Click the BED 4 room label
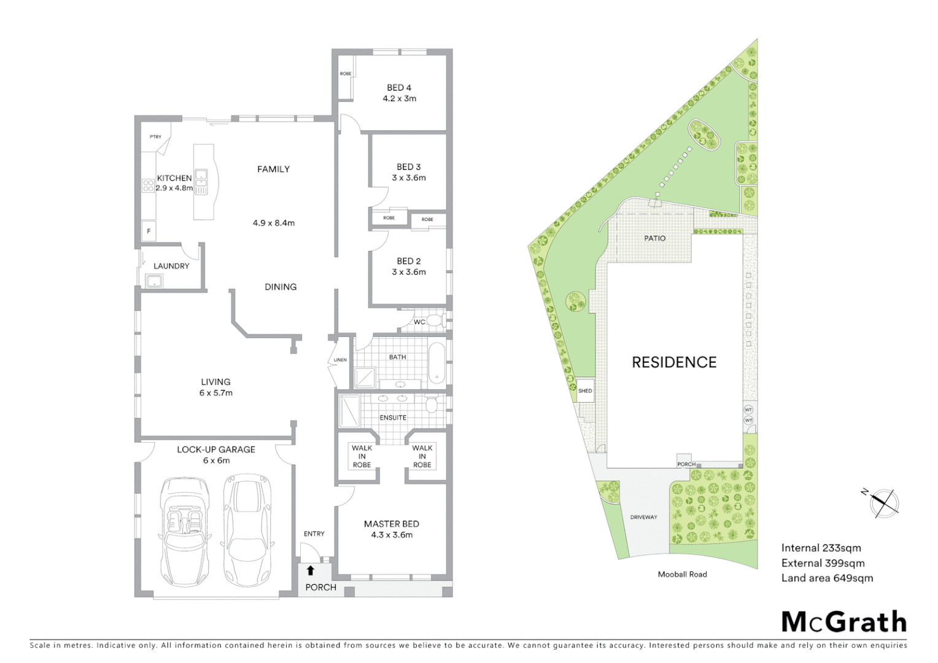click(x=399, y=88)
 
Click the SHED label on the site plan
click(x=585, y=391)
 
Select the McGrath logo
click(x=844, y=622)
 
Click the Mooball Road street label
click(x=682, y=575)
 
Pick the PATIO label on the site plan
click(x=654, y=238)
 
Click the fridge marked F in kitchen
click(x=148, y=231)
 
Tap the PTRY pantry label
click(x=155, y=137)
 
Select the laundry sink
click(x=153, y=282)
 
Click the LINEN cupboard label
click(x=340, y=360)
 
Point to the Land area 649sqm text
click(x=827, y=578)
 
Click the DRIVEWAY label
click(x=643, y=518)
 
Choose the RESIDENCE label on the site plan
click(x=674, y=362)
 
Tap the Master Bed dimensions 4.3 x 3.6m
click(x=392, y=535)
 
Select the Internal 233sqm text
click(x=821, y=548)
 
